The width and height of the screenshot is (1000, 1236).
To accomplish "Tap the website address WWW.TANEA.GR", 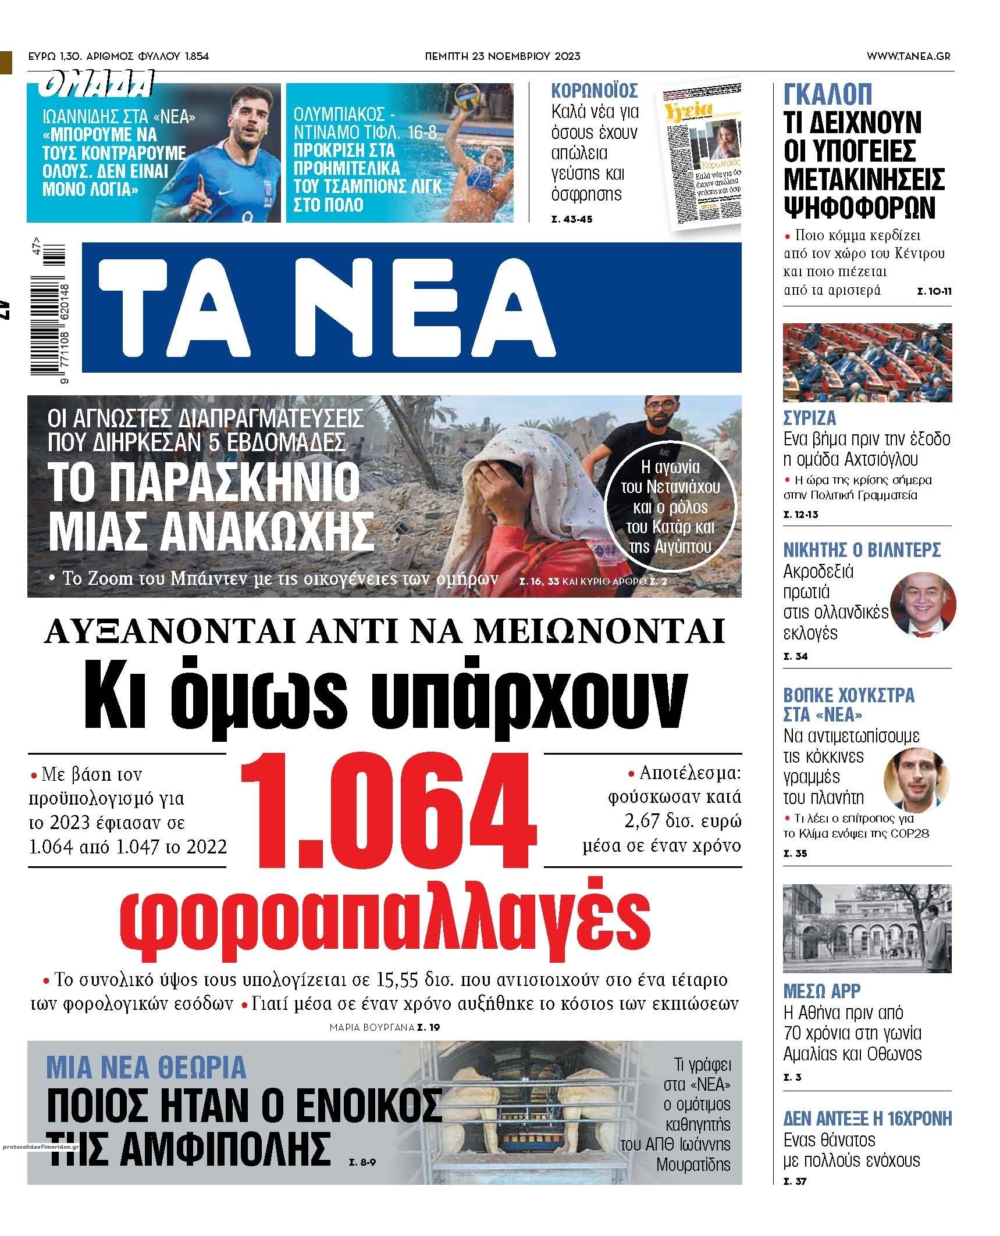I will tap(908, 56).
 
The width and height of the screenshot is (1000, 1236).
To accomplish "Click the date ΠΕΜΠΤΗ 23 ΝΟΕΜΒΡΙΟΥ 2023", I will tap(502, 56).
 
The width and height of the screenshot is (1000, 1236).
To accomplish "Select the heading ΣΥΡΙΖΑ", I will tap(809, 417).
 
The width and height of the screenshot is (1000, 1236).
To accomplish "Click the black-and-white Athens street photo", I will tap(867, 928).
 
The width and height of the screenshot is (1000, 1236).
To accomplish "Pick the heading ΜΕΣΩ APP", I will tap(821, 991).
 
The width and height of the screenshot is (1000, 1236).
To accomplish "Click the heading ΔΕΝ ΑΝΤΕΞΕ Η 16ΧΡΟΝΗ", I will tap(867, 1118).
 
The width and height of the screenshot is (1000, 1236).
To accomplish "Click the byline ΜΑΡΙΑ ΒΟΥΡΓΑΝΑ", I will tap(372, 1027).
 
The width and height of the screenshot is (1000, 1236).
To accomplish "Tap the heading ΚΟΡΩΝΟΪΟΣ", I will tap(595, 91).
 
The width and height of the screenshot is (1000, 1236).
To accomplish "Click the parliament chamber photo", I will tap(867, 362).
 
